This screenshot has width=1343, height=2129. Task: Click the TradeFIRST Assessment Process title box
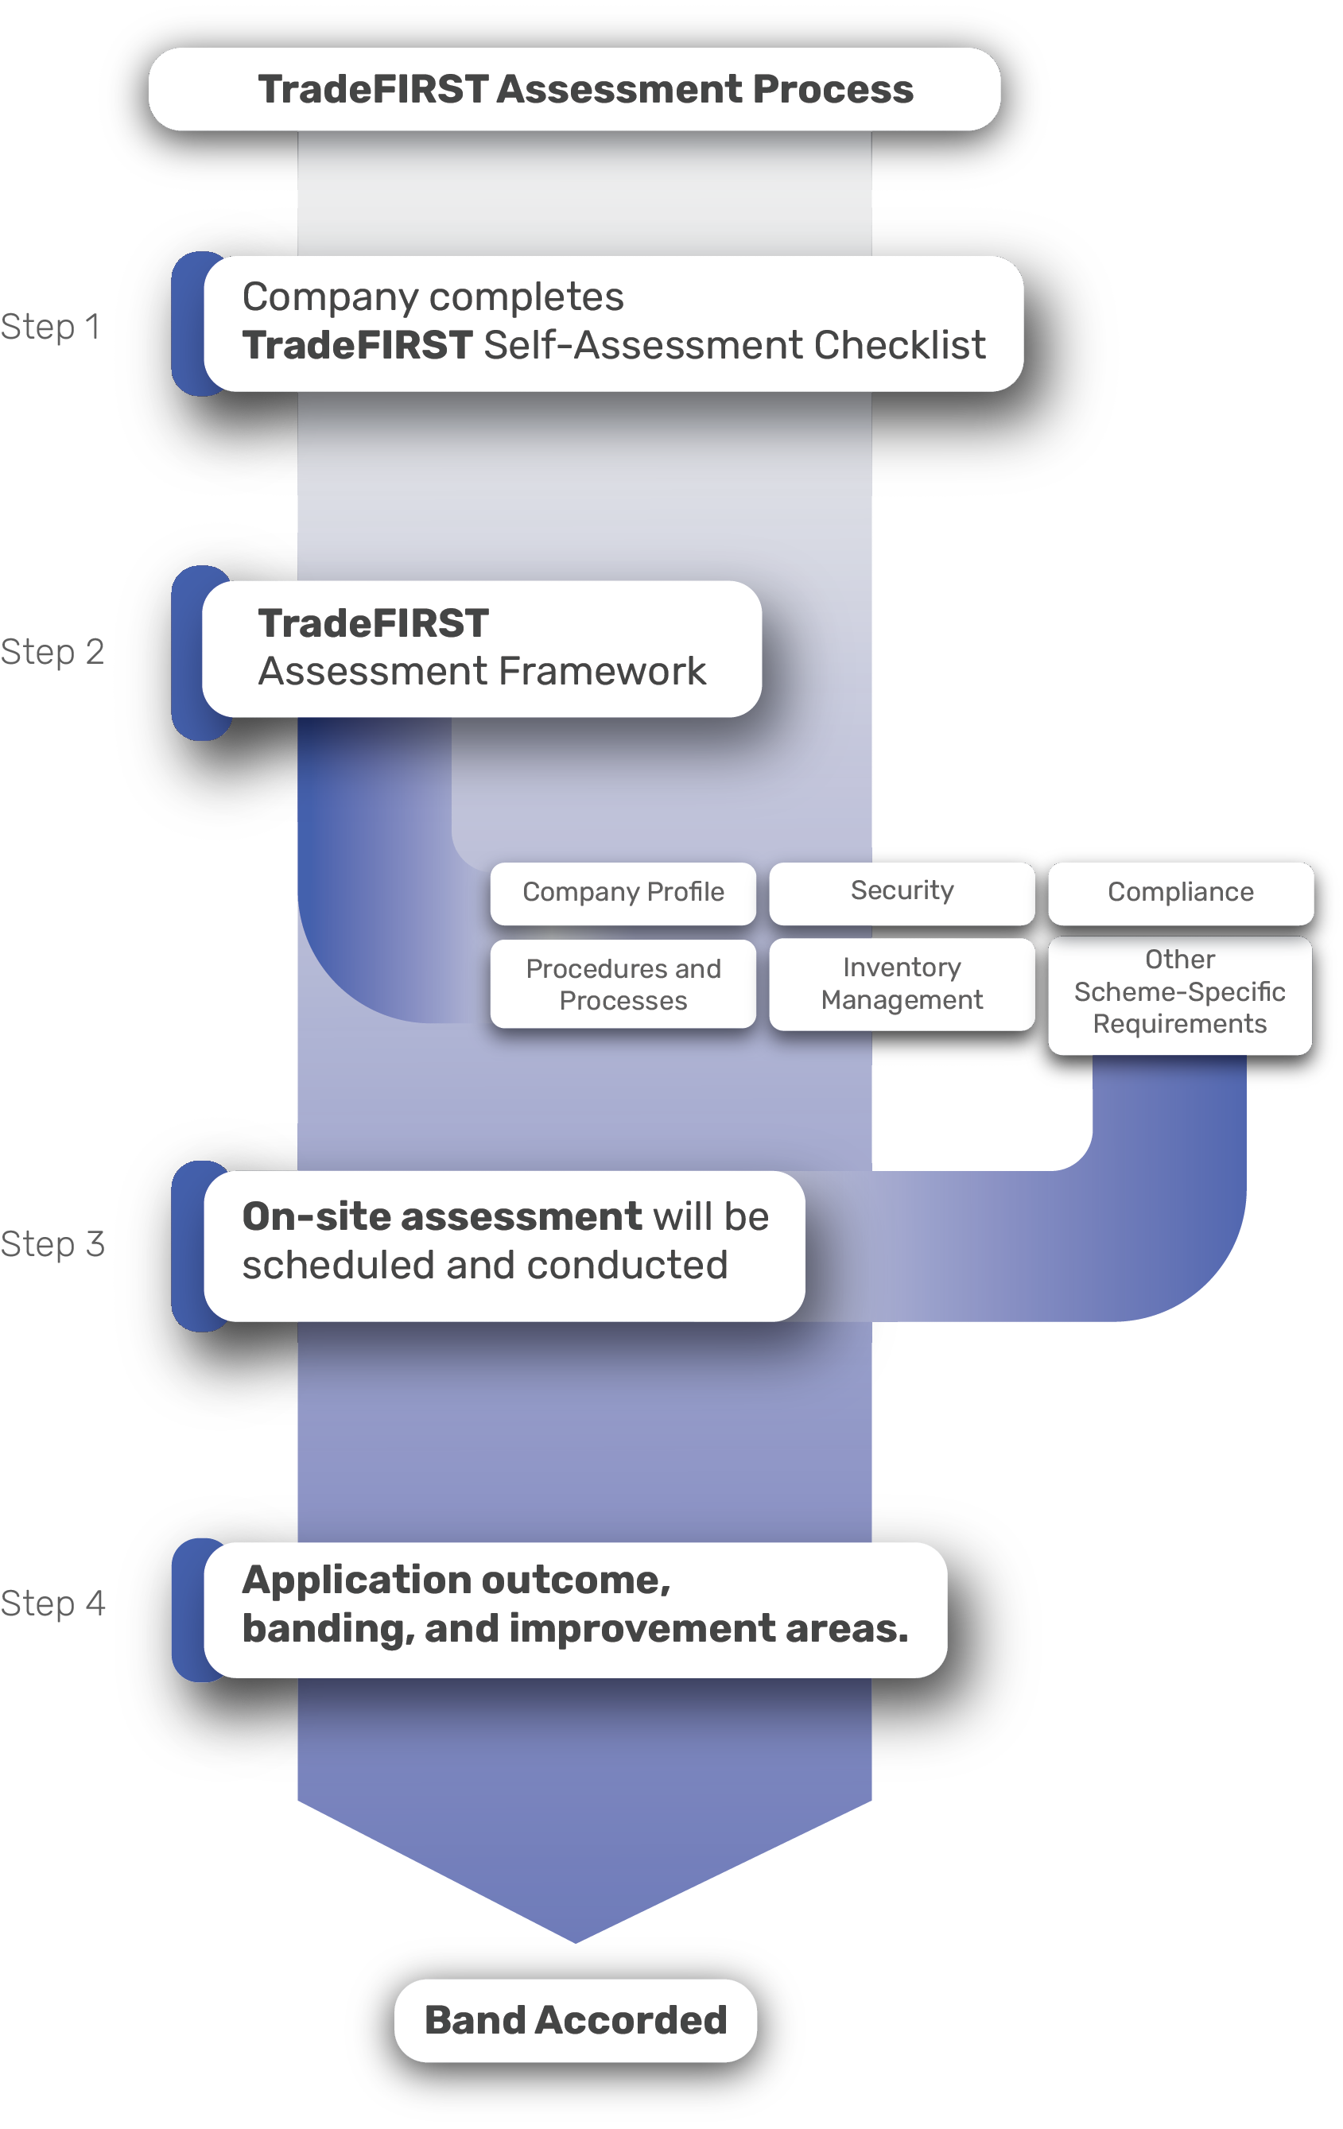pyautogui.click(x=575, y=89)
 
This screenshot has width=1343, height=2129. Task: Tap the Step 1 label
pyautogui.click(x=50, y=327)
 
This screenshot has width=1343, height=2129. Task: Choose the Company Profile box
pyautogui.click(x=623, y=893)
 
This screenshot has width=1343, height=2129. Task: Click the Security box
pyautogui.click(x=901, y=891)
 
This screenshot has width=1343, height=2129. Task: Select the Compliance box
pyautogui.click(x=1179, y=893)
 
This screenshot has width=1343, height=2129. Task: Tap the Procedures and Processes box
pyautogui.click(x=623, y=985)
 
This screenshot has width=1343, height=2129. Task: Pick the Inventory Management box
pyautogui.click(x=901, y=984)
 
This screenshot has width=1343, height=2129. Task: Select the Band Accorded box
pyautogui.click(x=575, y=2021)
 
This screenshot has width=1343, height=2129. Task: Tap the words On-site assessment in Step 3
pyautogui.click(x=441, y=1217)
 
